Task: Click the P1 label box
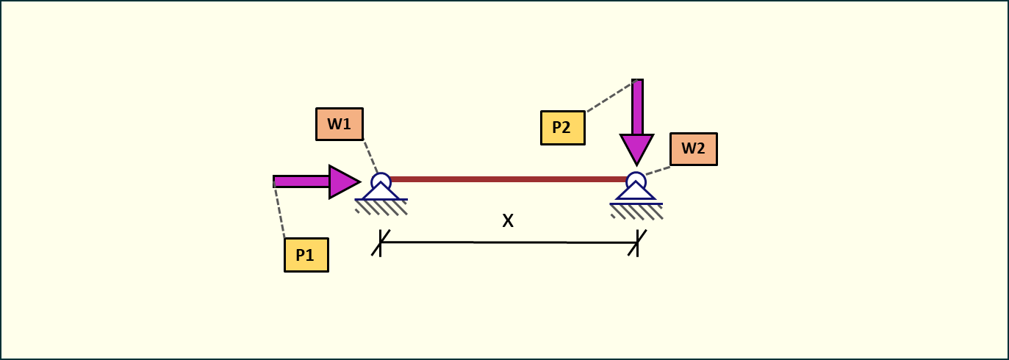click(306, 255)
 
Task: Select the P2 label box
click(563, 128)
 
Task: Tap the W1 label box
click(340, 124)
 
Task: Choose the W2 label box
click(693, 148)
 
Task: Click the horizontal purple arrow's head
click(342, 181)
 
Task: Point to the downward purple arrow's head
click(636, 149)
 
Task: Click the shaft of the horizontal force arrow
click(301, 181)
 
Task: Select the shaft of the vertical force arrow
click(637, 107)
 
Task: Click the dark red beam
click(507, 179)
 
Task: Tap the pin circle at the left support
click(381, 181)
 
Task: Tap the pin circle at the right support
click(636, 181)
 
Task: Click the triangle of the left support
click(381, 192)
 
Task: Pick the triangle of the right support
click(636, 192)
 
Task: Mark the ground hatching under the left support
click(381, 207)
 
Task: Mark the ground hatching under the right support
click(636, 212)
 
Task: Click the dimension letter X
click(508, 220)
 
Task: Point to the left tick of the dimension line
click(380, 242)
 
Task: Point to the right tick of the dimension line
click(637, 242)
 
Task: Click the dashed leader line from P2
click(609, 97)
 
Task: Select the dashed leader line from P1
click(279, 212)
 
